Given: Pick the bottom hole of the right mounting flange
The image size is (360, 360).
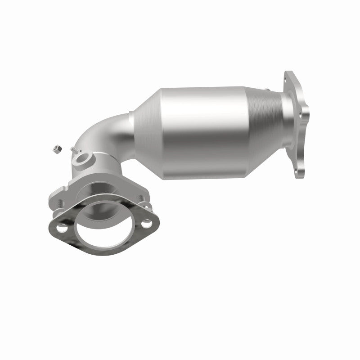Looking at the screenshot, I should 297,171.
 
